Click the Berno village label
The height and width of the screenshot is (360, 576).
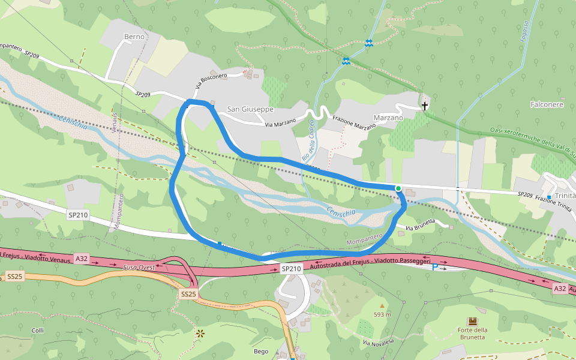coord(135,37)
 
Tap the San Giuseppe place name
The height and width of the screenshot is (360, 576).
coord(250,109)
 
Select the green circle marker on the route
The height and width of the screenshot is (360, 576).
coord(398,188)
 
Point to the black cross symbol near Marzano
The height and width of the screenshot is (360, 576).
coord(425,106)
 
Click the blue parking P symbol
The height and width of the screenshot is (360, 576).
coord(435,266)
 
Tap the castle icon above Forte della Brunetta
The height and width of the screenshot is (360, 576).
coord(472,322)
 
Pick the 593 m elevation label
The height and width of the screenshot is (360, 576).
coord(382,314)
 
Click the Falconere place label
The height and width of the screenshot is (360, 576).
coord(546,104)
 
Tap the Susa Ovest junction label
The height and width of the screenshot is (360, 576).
coord(139,268)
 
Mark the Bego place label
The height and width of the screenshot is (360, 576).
coord(261,352)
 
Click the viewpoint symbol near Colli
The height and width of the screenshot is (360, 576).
coord(199,332)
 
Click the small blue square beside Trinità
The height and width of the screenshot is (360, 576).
coord(549,197)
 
